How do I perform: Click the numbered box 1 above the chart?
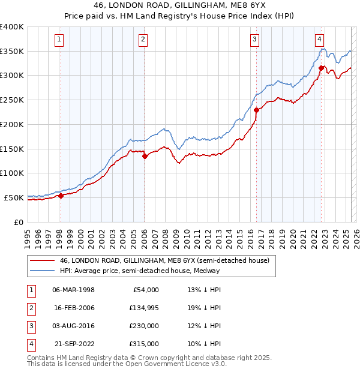60,40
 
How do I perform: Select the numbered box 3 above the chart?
255,40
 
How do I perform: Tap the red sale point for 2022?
322,68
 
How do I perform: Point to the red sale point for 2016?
256,110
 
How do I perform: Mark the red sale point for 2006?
145,156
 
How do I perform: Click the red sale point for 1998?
61,196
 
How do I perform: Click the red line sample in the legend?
42,261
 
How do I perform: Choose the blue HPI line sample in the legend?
42,271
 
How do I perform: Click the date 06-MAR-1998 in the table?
73,290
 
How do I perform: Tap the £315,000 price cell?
143,344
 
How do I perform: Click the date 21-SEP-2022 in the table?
73,344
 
